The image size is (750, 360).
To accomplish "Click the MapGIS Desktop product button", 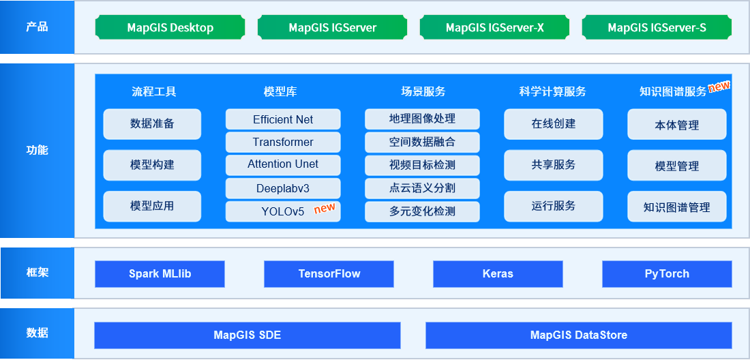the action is coord(170,27).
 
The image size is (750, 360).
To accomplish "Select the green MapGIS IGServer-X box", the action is coord(494,27).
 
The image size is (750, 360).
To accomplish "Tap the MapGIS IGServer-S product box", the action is coord(657,27).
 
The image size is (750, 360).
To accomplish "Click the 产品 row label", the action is coord(37,27).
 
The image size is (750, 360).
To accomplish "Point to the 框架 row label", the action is coord(37,273).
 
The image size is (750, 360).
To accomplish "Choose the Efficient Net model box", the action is coord(283,119).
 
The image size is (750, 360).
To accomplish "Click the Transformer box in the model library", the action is coord(283,142).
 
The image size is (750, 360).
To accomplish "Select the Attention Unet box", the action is coord(283,164).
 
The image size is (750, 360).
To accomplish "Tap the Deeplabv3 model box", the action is coord(283,188).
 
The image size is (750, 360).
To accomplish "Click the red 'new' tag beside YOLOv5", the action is coord(325,208).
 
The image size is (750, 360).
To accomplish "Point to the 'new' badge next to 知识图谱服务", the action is coord(719,86).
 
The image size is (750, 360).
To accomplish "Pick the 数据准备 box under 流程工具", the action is coord(152,124).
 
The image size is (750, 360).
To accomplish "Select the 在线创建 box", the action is coord(554,124).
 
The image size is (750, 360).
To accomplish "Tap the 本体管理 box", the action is coord(677,124).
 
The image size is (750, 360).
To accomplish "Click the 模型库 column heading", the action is coord(280,91).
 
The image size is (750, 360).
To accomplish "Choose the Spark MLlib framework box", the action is coord(160,274).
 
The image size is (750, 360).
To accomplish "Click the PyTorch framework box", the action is coord(667,274).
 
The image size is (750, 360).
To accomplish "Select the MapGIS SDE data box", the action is coord(247,335).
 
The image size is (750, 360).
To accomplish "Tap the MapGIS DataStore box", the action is coord(579,335).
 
